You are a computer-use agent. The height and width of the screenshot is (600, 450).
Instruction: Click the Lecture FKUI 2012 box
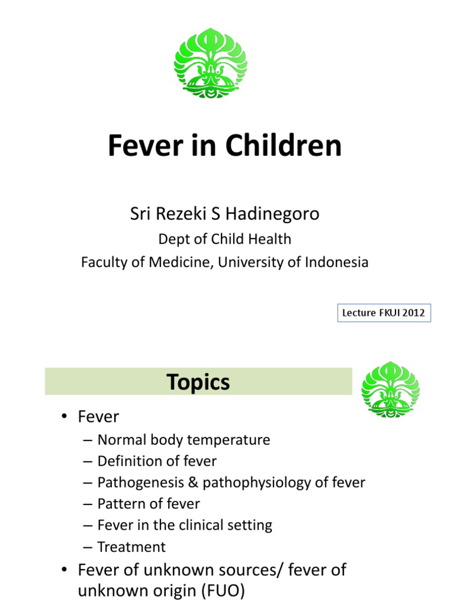[x=384, y=313]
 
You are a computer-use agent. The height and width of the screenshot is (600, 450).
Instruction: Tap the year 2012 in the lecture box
[x=412, y=313]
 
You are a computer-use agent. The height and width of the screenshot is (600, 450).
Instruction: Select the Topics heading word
[x=198, y=383]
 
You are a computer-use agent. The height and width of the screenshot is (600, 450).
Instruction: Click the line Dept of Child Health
[x=224, y=239]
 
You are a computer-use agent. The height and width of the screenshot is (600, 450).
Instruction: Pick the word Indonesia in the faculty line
[x=336, y=262]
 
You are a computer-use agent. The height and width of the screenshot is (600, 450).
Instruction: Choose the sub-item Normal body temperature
[x=183, y=439]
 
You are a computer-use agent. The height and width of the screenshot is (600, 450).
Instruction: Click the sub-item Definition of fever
[x=156, y=461]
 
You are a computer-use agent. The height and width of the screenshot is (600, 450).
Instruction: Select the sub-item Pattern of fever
[x=148, y=504]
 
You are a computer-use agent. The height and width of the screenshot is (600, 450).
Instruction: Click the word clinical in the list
[x=200, y=525]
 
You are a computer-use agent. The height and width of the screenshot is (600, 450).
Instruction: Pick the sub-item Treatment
[x=131, y=547]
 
